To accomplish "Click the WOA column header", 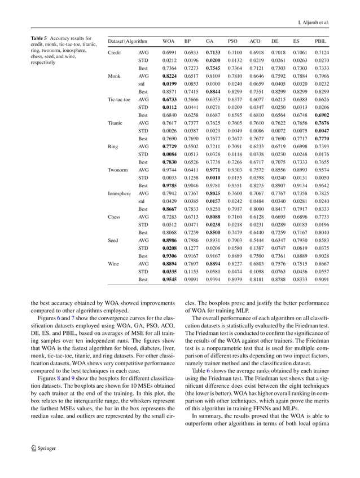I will tap(168, 41).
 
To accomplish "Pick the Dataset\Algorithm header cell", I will tap(128, 41).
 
